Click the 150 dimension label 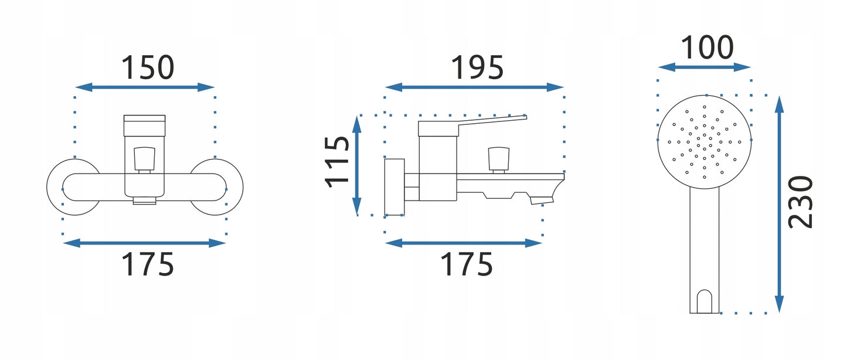[148, 67]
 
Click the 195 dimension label [477, 67]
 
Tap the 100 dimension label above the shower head [707, 47]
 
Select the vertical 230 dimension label [800, 202]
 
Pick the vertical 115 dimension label [336, 162]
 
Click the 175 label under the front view [148, 264]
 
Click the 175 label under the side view [467, 264]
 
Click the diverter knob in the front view [144, 159]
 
